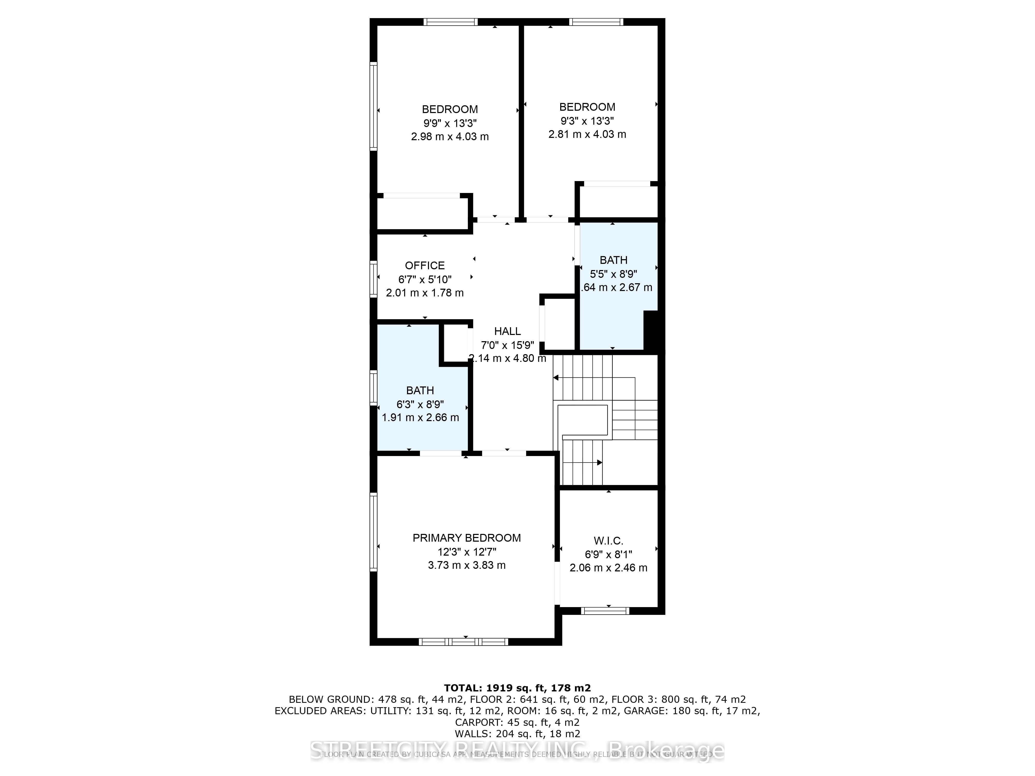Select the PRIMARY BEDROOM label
click(467, 538)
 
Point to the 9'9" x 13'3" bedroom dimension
click(450, 123)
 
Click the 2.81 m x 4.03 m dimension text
click(587, 134)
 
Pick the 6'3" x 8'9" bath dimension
click(420, 404)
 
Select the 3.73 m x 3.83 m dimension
click(467, 565)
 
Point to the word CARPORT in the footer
click(476, 723)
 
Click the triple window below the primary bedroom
click(463, 642)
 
